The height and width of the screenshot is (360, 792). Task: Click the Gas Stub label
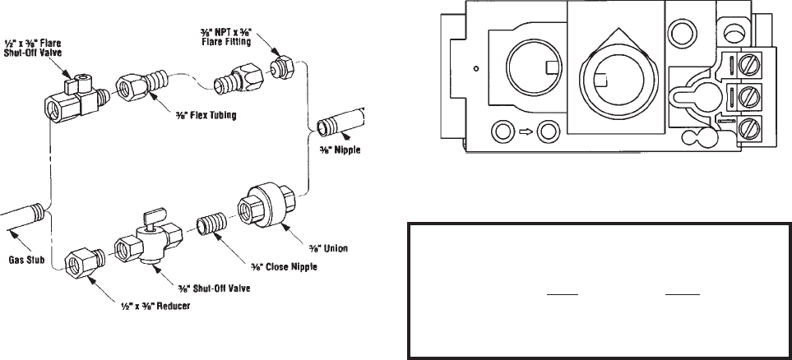[x=26, y=261]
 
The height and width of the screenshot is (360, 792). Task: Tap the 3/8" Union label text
[x=328, y=248]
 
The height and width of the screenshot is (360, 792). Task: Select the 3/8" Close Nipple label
[x=284, y=266]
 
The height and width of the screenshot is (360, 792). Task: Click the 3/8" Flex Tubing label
[x=206, y=116]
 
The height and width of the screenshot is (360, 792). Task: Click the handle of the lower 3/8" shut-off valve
[x=152, y=218]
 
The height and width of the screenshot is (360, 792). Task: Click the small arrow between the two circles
[x=526, y=132]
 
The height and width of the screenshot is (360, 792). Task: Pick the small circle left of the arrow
[x=502, y=132]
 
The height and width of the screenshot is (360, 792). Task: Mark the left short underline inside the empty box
[x=563, y=294]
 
